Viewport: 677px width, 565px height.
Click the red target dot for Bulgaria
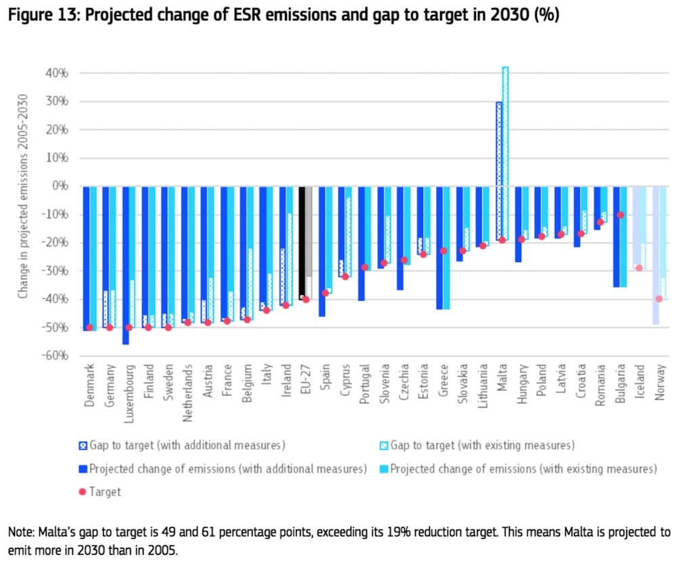point(620,215)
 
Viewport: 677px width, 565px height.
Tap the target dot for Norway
point(659,299)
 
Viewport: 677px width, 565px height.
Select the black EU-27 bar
point(301,240)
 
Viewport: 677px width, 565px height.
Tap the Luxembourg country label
point(127,387)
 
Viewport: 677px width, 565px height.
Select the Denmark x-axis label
point(89,384)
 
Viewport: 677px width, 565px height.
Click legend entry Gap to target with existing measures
point(482,445)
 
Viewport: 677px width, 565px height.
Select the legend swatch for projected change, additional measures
point(82,469)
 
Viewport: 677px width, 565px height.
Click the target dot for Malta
point(502,240)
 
